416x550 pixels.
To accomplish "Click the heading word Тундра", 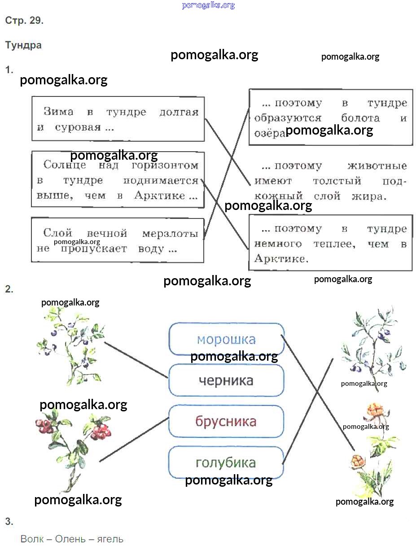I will [x=23, y=45].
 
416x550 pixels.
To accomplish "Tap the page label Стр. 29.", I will [x=24, y=21].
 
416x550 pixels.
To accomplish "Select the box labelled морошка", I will [x=226, y=339].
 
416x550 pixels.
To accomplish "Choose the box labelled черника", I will [x=226, y=380].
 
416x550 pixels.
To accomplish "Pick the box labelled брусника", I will [x=226, y=422].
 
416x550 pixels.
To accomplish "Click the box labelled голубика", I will [x=226, y=463].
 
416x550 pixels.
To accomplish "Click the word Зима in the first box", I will [x=58, y=112].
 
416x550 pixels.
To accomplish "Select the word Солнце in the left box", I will [x=62, y=165].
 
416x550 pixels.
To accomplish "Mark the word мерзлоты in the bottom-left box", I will [x=170, y=233].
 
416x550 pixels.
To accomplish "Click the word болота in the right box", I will [x=360, y=118].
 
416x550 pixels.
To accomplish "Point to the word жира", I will [x=372, y=196].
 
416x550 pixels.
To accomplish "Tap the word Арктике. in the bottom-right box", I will [x=281, y=259].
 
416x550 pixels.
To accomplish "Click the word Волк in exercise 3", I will [x=32, y=539].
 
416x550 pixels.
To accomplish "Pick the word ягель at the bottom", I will [x=110, y=539].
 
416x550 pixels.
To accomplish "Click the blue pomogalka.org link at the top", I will [x=208, y=5].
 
